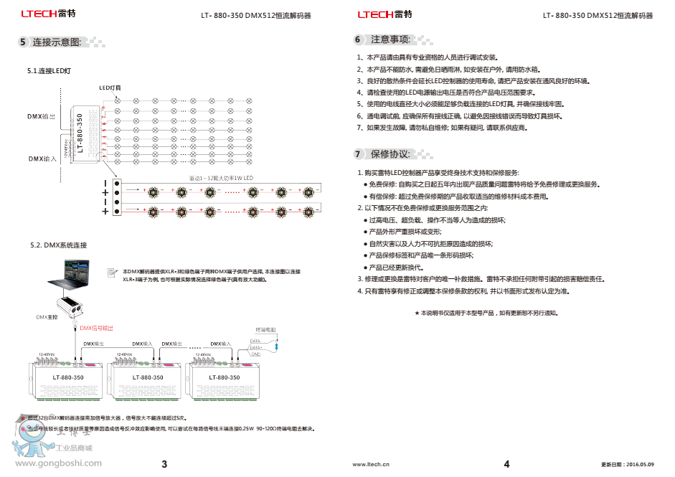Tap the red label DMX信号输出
pos(96,328)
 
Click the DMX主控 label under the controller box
pos(46,316)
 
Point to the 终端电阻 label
pos(266,330)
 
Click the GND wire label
pos(255,354)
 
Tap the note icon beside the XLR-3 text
pos(112,273)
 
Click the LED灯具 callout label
pos(110,88)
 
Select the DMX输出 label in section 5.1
pos(42,115)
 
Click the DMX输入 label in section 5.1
pos(42,159)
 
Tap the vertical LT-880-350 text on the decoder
pos(80,133)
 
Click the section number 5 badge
pos(23,42)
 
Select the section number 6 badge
pos(357,39)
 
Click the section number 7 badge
pos(357,154)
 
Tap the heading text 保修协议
pos(390,154)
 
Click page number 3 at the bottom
pos(164,464)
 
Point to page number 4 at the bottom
pos(506,464)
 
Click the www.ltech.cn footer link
pos(371,465)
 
